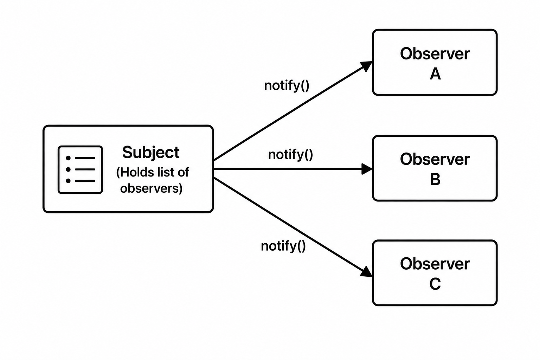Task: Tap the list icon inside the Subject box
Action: click(80, 169)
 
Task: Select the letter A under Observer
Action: click(435, 74)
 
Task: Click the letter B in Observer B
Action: click(435, 179)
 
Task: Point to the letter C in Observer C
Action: click(435, 284)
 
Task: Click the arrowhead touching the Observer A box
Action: click(366, 66)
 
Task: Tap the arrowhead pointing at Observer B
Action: click(367, 169)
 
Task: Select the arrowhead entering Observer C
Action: click(366, 272)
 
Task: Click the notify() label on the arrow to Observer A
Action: click(287, 85)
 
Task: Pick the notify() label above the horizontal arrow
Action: click(290, 155)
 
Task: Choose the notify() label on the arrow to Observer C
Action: click(283, 246)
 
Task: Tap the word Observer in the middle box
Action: click(435, 159)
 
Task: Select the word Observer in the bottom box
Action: click(435, 264)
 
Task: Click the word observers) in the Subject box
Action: click(152, 188)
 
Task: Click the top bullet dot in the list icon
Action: click(68, 158)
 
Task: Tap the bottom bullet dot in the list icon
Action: click(68, 181)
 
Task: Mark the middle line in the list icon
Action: click(85, 169)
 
